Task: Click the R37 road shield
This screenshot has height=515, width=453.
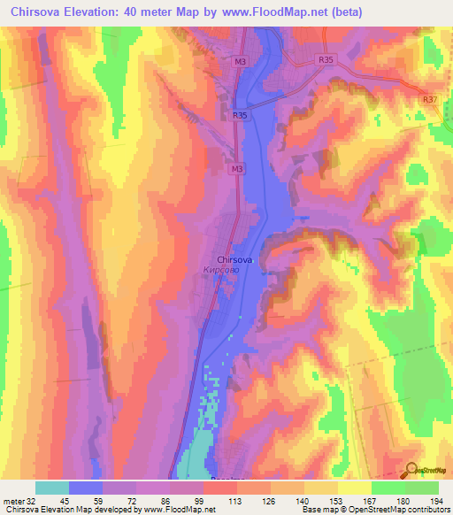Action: tap(431, 100)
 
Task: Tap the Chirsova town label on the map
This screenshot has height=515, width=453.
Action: tap(236, 259)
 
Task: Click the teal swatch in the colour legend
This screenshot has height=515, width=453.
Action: tap(52, 488)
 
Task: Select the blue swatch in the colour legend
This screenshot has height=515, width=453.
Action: tap(86, 488)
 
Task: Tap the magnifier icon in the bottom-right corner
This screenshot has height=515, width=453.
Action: tap(412, 472)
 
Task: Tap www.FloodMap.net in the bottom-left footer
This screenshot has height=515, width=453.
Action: tap(176, 510)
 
